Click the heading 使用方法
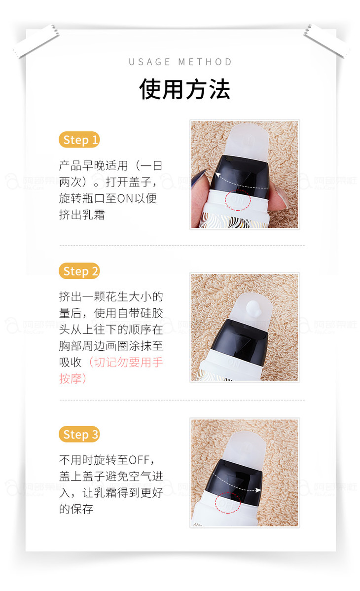(x=184, y=89)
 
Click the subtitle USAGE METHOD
(x=180, y=62)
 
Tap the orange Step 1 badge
(x=79, y=140)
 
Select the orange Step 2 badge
(x=79, y=271)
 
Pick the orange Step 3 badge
(x=79, y=434)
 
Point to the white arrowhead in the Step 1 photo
(x=218, y=175)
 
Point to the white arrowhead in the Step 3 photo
(x=258, y=490)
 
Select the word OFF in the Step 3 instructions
(x=139, y=460)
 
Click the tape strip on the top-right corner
(x=326, y=41)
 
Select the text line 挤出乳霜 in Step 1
(x=82, y=215)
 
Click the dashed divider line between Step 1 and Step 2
(x=182, y=245)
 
